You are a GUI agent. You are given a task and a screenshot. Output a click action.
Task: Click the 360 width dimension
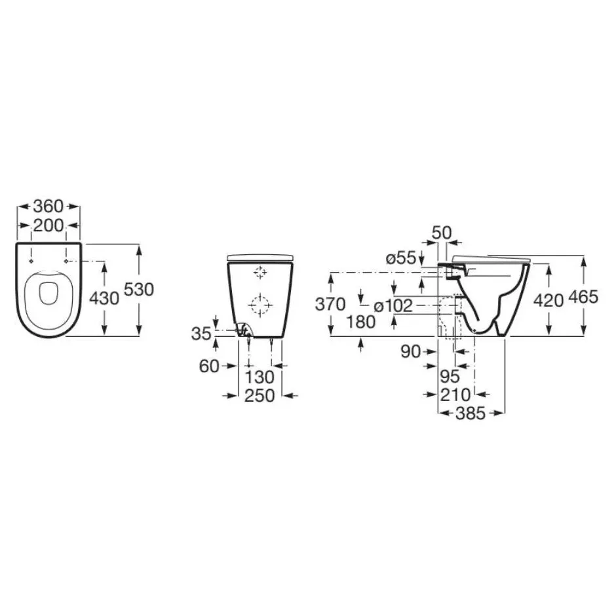pos(48,206)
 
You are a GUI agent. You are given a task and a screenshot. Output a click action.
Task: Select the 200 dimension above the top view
pos(48,225)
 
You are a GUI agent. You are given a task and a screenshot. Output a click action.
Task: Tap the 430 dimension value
pos(104,299)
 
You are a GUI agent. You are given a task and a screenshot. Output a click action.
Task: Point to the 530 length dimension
pos(139,290)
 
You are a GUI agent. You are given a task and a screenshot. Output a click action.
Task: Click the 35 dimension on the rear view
pos(201,334)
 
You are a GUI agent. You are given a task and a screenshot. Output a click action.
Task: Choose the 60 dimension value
pos(209,366)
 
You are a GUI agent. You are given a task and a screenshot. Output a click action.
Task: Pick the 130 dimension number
pos(260,377)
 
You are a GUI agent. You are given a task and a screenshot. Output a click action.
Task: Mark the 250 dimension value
pos(260,396)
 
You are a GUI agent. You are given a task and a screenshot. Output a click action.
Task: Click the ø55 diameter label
pos(400,258)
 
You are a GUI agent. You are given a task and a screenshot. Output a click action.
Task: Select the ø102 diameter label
pos(393,306)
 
